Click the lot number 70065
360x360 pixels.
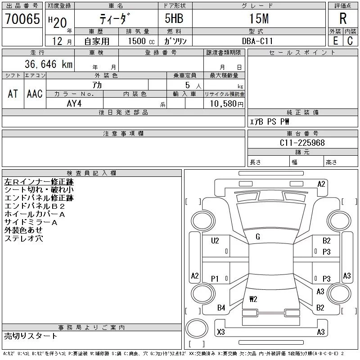tap(22, 19)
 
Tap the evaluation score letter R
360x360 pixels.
tap(343, 19)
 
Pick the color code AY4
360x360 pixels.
tap(74, 103)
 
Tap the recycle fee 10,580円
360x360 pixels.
tap(224, 103)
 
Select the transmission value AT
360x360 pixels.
tap(13, 94)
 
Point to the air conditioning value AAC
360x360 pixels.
tap(35, 94)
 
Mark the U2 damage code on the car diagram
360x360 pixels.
tap(215, 241)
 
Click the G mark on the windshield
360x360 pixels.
tap(258, 237)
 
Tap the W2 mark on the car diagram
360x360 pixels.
tap(253, 298)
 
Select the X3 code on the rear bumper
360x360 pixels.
tap(221, 332)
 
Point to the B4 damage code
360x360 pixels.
tap(221, 308)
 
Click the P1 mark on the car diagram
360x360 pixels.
tap(215, 279)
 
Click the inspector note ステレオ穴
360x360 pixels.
tap(23, 238)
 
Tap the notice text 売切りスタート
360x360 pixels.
tap(31, 336)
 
